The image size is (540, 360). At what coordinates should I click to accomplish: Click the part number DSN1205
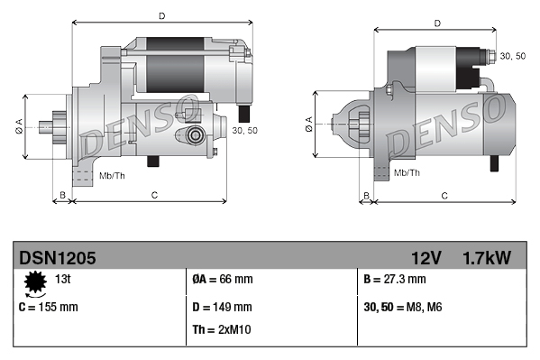click(x=57, y=258)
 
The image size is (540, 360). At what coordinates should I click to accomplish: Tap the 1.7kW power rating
click(x=486, y=258)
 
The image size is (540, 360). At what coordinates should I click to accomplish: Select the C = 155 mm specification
click(x=49, y=307)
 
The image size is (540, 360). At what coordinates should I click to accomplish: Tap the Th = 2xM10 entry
click(x=223, y=329)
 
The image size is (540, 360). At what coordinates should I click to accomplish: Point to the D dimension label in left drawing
click(x=161, y=15)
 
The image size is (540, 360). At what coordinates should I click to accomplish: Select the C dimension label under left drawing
click(x=154, y=194)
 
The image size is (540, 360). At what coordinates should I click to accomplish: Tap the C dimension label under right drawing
click(x=445, y=195)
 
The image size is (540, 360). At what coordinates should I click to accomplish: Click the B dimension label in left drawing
click(x=62, y=194)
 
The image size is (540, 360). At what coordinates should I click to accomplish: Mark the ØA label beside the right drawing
click(x=308, y=122)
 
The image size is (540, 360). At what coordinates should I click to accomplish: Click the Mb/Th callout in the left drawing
click(x=112, y=175)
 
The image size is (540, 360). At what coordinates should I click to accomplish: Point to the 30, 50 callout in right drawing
click(x=512, y=56)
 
